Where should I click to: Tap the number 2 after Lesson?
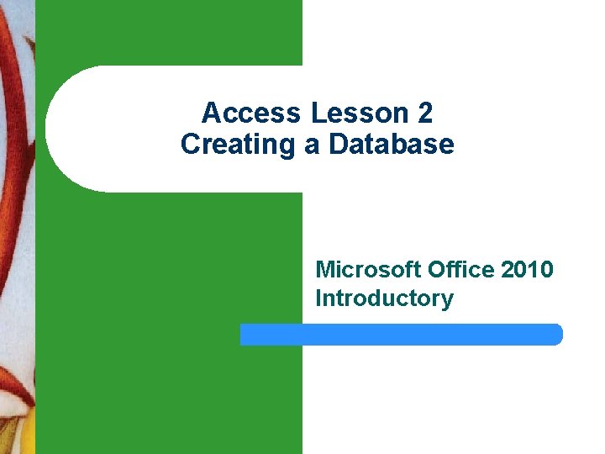tap(424, 113)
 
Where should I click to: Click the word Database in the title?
tap(392, 145)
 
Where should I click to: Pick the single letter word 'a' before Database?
tap(313, 145)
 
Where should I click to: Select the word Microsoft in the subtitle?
tap(367, 270)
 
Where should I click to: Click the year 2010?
tap(527, 270)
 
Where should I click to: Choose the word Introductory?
tap(384, 298)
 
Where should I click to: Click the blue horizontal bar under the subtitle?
tap(401, 335)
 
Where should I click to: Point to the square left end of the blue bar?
tap(244, 335)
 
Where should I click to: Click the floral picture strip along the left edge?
tap(17, 227)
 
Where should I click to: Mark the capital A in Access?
tap(211, 113)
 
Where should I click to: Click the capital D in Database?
tap(338, 145)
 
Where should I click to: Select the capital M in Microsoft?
tap(324, 270)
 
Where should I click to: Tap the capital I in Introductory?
tap(318, 298)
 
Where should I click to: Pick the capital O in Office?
tap(436, 270)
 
